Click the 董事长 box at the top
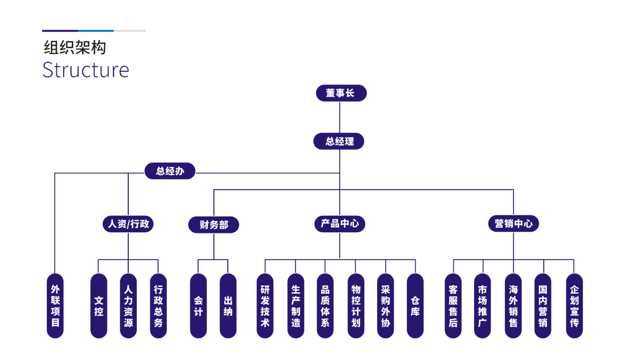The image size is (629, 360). (341, 93)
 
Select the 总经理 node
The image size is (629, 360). (339, 141)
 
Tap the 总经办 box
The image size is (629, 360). (169, 171)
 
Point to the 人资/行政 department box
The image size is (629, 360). (128, 224)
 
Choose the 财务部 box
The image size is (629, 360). (214, 225)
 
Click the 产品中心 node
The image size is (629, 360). (340, 224)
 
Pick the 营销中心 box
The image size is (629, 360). (513, 224)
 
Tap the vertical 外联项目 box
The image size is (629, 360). (55, 306)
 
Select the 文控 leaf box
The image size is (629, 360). (99, 306)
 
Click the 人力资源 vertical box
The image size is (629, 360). (128, 306)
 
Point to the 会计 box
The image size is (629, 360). (199, 306)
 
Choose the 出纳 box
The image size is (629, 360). (228, 306)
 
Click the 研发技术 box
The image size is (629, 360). (265, 306)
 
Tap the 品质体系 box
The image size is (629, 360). (325, 306)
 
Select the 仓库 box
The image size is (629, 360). (415, 306)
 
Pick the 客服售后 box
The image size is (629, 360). (453, 306)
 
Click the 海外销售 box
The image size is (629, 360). (513, 306)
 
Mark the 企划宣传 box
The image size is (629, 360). (574, 306)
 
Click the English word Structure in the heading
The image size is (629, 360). (86, 70)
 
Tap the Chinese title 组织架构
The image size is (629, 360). (75, 48)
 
